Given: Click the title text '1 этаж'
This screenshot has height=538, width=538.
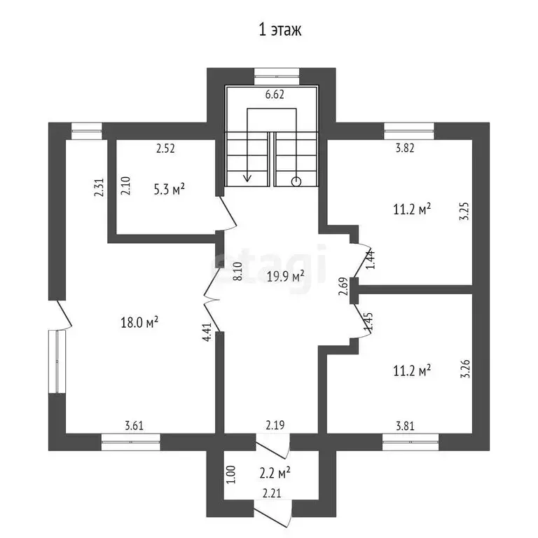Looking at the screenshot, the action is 280,30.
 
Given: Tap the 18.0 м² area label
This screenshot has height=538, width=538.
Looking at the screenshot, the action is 139,322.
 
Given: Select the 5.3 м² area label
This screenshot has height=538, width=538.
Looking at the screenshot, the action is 169,189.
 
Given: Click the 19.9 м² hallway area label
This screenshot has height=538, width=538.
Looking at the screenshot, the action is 286,276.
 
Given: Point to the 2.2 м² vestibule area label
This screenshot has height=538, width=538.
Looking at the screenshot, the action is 275,473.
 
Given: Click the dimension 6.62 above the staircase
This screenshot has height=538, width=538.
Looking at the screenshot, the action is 275,95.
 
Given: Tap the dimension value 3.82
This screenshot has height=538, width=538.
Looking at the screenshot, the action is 405,148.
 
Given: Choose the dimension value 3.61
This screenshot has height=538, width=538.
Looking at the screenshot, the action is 134,426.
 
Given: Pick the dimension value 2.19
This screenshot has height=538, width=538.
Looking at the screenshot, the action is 275,425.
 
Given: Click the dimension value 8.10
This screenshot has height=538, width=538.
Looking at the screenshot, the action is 237,271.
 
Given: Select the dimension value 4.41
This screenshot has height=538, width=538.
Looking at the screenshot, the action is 207,332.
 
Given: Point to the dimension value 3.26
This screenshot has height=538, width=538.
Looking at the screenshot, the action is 465,369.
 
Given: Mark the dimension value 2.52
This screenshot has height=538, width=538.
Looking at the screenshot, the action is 165,149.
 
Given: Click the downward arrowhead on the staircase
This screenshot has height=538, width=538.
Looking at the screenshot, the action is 247,178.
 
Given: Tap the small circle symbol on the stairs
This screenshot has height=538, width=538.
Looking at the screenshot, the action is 296,181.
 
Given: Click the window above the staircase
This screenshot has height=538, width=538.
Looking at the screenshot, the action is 277,76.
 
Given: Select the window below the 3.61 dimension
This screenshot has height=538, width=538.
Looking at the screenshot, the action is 131,442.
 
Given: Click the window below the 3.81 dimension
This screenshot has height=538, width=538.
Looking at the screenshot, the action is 411,442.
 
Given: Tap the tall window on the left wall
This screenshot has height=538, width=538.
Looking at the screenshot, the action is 57,361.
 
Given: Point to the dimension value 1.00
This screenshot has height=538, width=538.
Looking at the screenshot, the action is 232,474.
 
